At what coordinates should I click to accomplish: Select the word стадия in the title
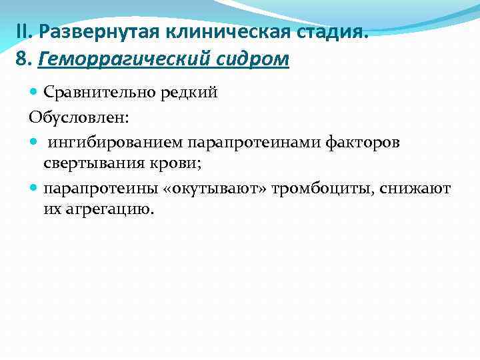click(x=332, y=31)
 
